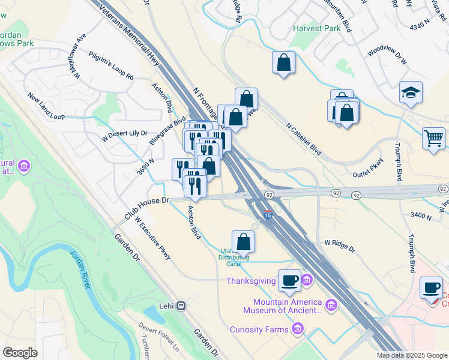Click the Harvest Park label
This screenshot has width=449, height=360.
click(x=316, y=28)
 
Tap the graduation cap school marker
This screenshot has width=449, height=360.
click(x=411, y=93)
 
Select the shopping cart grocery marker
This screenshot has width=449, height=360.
click(x=433, y=138)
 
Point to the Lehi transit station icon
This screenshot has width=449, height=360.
click(x=181, y=305)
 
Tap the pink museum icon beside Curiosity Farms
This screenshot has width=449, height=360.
click(x=297, y=329)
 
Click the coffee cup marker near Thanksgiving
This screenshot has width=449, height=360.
click(x=289, y=280)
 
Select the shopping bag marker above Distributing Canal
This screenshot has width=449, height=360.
click(x=243, y=241)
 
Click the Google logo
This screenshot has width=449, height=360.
click(x=20, y=353)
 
